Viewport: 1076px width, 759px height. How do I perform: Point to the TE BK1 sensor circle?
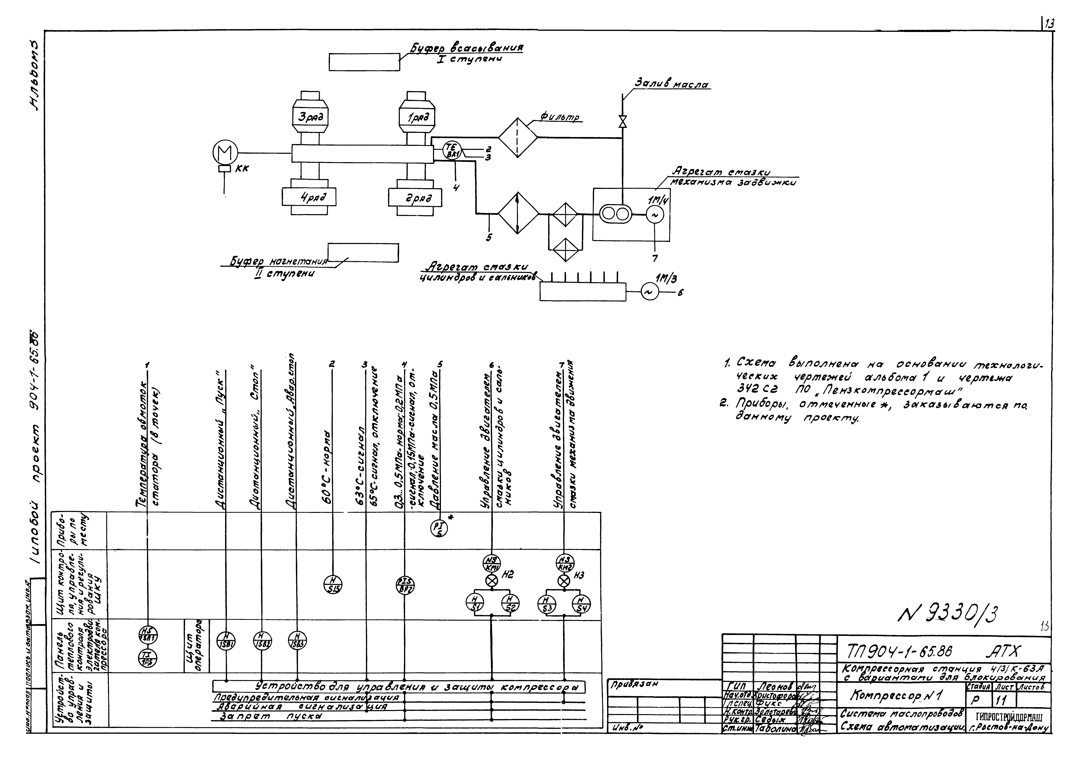coord(452,150)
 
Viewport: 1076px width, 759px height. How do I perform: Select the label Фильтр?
coord(561,118)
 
